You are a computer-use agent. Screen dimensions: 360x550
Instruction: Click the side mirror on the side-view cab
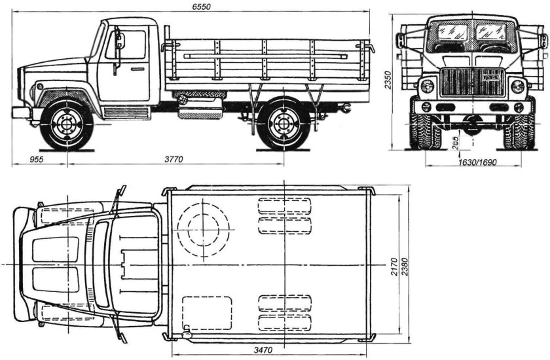coord(119,41)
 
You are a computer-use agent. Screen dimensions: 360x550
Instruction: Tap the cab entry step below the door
coord(127,113)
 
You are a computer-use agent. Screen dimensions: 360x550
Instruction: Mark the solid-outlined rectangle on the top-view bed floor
coord(207,313)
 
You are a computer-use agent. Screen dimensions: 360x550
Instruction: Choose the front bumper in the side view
coord(21,112)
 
